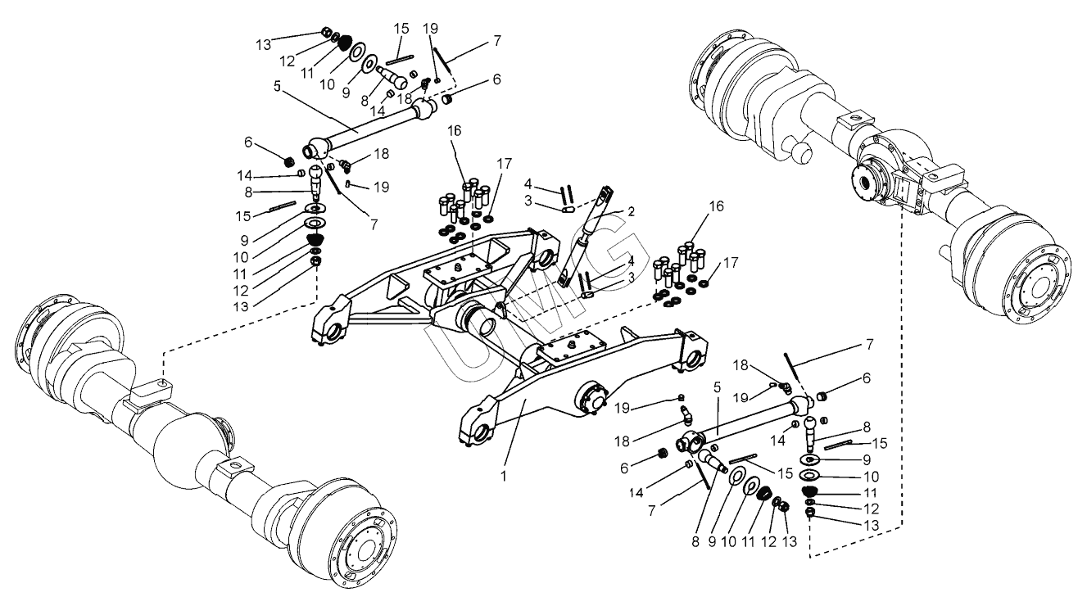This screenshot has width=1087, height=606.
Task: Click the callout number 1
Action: [504, 477]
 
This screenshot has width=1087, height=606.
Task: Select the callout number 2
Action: [631, 211]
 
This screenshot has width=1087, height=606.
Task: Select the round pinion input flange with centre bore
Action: [867, 185]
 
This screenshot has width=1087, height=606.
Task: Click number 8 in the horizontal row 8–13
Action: [696, 541]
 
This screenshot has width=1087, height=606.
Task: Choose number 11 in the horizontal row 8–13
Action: [748, 541]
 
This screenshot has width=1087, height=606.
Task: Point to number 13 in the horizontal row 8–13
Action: [790, 541]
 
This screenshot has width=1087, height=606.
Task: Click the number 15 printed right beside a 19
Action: [401, 29]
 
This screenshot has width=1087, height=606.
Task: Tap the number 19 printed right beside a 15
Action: [430, 29]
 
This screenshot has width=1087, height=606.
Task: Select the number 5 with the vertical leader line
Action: [718, 387]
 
